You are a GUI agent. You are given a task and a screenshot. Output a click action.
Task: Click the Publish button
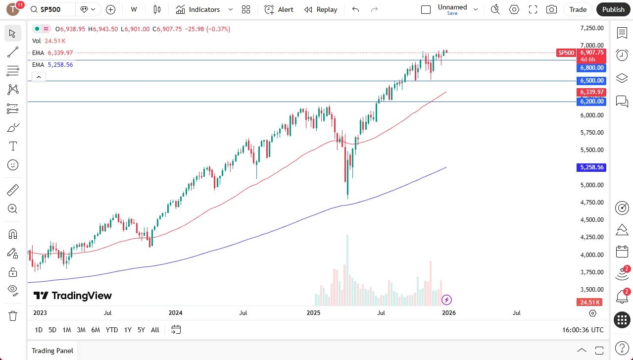coord(613,9)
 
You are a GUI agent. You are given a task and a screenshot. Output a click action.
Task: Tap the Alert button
coord(279,9)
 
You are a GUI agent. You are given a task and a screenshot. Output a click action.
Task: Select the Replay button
coord(321,9)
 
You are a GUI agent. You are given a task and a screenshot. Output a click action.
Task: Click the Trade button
coord(578,9)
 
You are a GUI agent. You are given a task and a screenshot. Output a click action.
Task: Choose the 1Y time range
coord(128,330)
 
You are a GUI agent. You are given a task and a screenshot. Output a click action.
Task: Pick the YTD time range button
coord(112,330)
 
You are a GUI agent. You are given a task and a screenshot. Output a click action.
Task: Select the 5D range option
coord(52,330)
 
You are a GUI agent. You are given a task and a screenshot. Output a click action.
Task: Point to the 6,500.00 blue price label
coord(591,81)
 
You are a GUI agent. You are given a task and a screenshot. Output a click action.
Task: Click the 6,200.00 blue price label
coord(591,102)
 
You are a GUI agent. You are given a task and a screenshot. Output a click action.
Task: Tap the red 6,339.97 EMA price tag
coord(591,92)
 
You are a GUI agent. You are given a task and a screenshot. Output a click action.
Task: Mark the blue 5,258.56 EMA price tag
coord(591,167)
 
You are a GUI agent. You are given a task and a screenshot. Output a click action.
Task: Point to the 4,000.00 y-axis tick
coord(591,255)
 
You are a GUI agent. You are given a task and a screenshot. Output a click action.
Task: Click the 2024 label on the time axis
coord(176,313)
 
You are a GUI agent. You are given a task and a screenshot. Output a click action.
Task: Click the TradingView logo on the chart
coord(73,296)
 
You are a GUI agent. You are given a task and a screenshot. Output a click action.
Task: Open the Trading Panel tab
coord(52,351)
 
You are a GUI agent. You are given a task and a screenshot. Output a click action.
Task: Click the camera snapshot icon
coord(551,9)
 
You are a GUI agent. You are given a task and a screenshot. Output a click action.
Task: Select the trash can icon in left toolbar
coord(13,315)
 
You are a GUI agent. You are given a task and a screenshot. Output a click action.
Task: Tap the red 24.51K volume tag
coord(591,302)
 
